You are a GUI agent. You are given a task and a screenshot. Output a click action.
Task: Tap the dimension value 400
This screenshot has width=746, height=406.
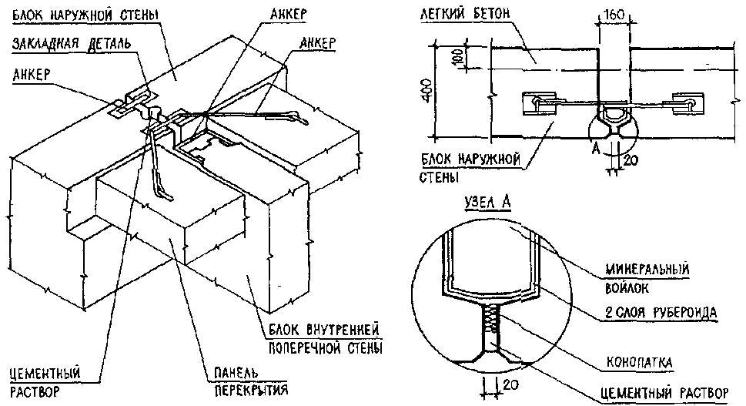coord(437,93)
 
